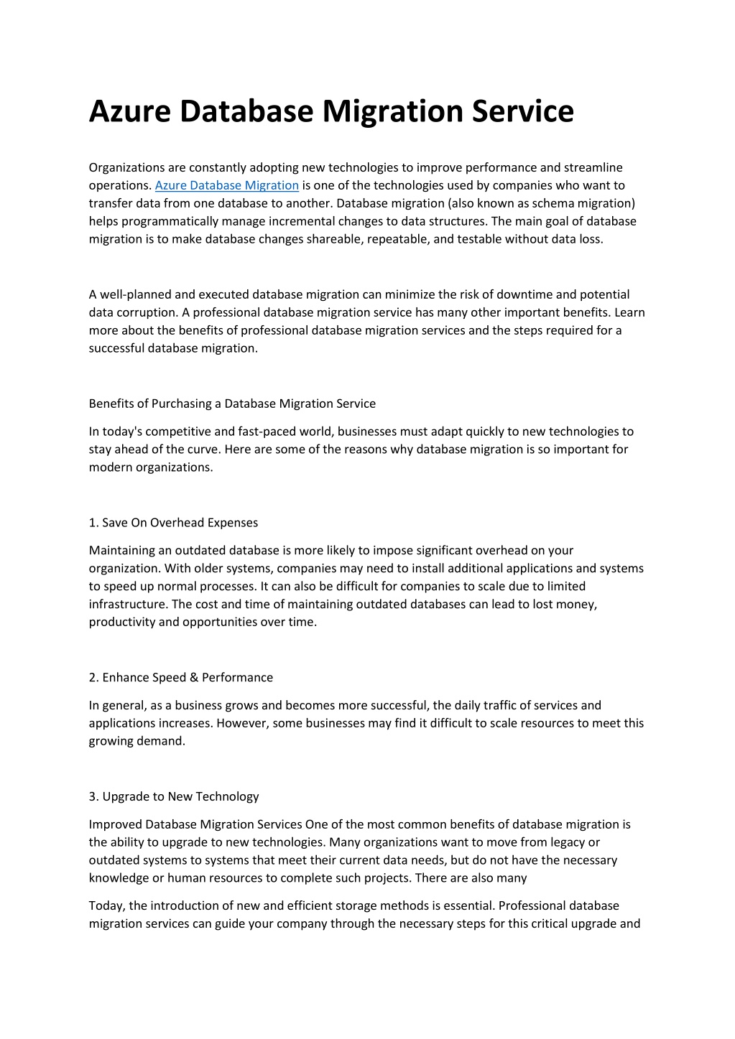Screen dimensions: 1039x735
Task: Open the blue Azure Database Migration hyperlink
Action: pyautogui.click(x=226, y=185)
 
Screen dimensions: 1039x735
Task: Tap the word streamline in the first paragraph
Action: pyautogui.click(x=593, y=167)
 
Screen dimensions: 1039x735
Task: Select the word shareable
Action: pyautogui.click(x=334, y=239)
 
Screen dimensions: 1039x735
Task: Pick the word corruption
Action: pyautogui.click(x=147, y=312)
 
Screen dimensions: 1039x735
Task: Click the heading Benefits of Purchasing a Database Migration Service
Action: pyautogui.click(x=232, y=404)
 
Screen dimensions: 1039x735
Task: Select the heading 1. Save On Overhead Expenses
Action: pyautogui.click(x=173, y=523)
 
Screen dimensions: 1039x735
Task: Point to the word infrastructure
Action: pyautogui.click(x=128, y=604)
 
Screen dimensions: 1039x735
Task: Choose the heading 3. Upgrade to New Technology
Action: pyautogui.click(x=174, y=796)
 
